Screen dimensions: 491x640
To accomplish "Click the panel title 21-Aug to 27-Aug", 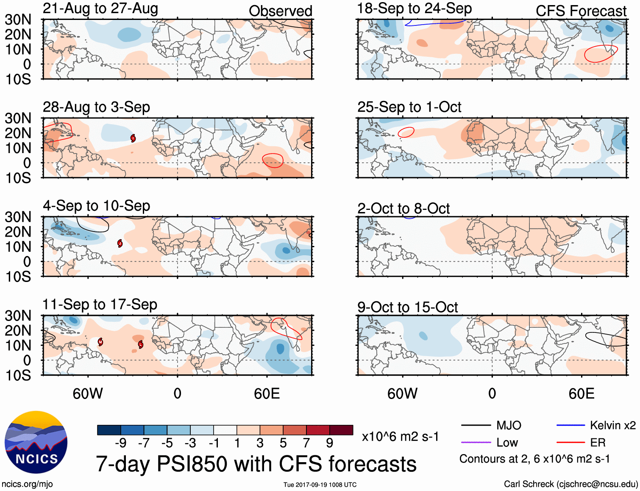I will point(100,8).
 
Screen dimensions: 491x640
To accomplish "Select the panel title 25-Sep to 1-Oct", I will point(409,107).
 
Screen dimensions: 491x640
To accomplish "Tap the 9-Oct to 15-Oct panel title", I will point(407,307).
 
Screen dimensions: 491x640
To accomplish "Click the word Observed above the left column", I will point(280,11).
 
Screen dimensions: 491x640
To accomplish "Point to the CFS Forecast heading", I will point(581,11).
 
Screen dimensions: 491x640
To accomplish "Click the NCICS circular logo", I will point(36,442).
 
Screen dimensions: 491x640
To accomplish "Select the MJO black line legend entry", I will point(492,425).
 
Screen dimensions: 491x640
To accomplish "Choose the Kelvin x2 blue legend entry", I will point(596,425).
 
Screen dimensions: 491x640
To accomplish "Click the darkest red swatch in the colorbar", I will point(341,430).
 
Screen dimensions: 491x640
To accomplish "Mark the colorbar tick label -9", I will point(120,443).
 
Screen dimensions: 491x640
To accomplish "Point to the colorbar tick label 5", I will point(283,443).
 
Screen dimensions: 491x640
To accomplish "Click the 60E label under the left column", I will point(267,393).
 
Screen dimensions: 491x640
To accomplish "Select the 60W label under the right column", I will point(402,393).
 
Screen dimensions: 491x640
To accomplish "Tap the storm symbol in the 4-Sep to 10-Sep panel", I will point(120,243).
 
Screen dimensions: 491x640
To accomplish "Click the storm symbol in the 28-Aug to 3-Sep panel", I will point(133,138).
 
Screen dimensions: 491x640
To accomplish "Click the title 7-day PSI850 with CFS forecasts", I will point(256,464).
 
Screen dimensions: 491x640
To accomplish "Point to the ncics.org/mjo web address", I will point(27,484).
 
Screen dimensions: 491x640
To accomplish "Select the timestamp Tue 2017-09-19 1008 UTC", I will point(320,485).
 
